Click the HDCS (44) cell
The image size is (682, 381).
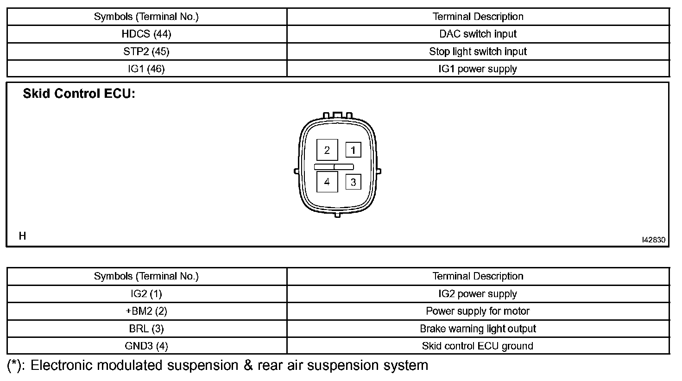(146, 34)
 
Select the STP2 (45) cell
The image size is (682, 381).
(146, 51)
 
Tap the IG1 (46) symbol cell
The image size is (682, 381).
(146, 69)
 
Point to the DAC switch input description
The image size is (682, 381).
(478, 34)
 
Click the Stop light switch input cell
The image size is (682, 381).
(478, 51)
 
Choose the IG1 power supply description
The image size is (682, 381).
(478, 69)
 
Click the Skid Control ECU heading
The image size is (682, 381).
(79, 94)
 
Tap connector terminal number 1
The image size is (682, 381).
(353, 150)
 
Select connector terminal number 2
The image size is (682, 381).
(327, 150)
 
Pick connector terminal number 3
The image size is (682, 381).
(353, 182)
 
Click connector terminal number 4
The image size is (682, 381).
(327, 182)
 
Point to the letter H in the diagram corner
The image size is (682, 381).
(22, 236)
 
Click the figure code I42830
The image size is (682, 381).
(653, 240)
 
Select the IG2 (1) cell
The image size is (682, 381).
(146, 294)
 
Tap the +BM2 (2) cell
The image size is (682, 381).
(146, 311)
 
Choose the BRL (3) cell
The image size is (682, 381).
(146, 329)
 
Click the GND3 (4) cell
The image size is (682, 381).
(146, 346)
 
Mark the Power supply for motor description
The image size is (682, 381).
(478, 311)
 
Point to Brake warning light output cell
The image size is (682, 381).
(478, 329)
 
